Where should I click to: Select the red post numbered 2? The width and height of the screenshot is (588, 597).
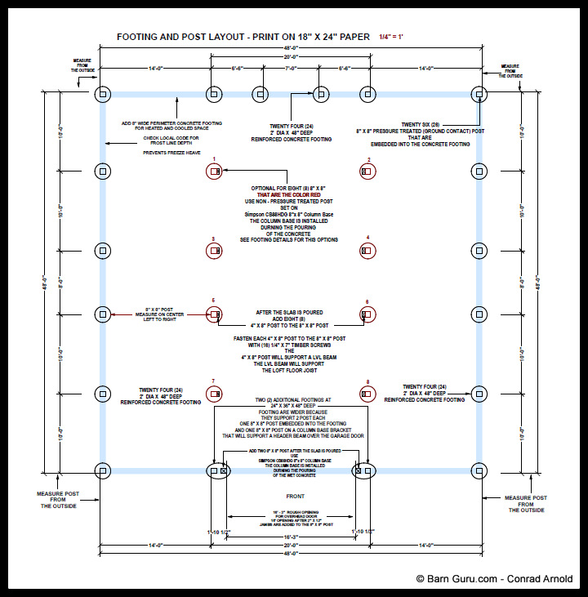[367, 172]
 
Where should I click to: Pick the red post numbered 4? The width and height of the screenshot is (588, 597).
[367, 251]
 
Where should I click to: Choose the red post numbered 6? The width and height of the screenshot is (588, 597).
[367, 313]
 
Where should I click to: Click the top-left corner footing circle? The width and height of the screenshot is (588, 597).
[103, 95]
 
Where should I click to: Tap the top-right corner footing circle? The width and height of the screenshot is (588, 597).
[479, 95]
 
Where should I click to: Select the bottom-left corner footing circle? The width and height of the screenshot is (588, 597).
[103, 470]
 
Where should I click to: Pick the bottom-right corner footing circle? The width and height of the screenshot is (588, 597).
[479, 470]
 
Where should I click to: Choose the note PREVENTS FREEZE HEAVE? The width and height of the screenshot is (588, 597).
[171, 153]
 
